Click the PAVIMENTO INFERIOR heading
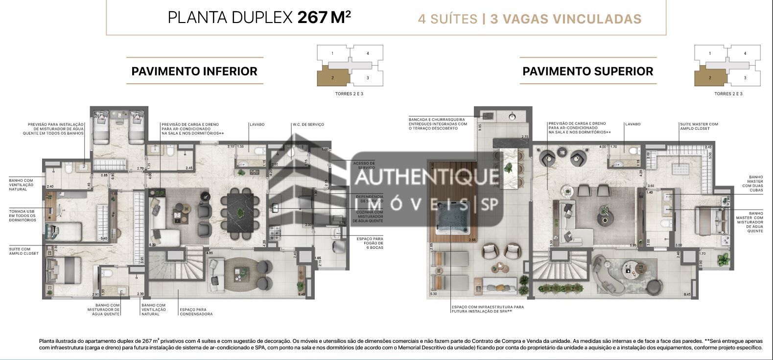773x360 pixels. tap(194, 71)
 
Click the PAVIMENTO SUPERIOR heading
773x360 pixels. tap(587, 71)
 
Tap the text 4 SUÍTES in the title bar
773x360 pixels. tap(447, 19)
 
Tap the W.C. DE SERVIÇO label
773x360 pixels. tap(308, 124)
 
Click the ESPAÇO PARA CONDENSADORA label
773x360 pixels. tap(196, 312)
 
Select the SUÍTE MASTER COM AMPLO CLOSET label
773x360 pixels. tap(698, 126)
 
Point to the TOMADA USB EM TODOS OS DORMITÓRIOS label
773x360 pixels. tap(23, 216)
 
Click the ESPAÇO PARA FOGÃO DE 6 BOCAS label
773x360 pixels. tap(370, 243)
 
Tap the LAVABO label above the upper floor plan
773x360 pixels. tap(632, 124)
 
